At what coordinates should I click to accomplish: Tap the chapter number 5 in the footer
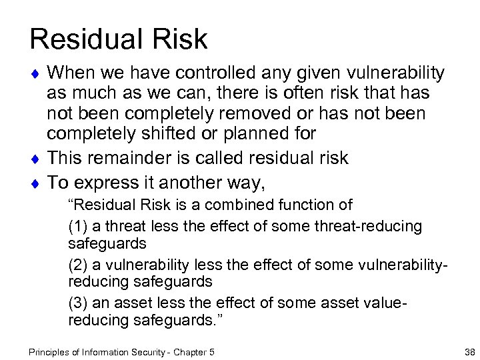point(212,351)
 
